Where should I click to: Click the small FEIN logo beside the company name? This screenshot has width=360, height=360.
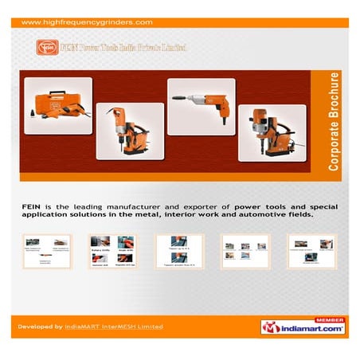point(47,48)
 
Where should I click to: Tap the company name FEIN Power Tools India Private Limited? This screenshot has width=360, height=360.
point(123,48)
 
